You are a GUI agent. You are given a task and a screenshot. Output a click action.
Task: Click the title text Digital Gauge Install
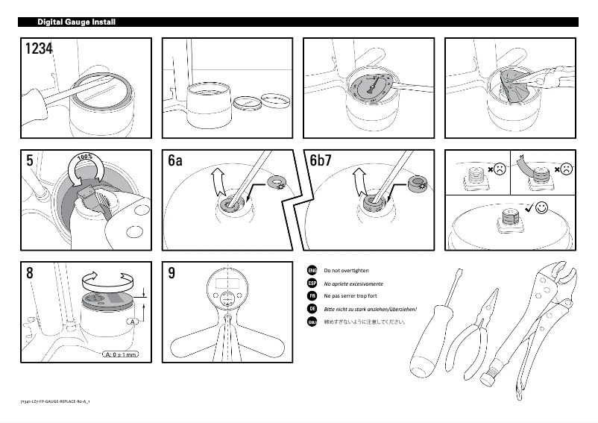click(x=76, y=22)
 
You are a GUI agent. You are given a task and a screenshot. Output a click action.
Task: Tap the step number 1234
click(x=39, y=49)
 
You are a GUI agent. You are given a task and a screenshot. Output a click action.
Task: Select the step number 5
click(x=29, y=160)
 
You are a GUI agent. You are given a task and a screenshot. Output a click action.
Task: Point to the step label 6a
click(x=175, y=160)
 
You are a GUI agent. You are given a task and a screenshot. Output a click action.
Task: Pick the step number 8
click(x=29, y=273)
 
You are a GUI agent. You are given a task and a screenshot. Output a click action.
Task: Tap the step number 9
click(x=171, y=273)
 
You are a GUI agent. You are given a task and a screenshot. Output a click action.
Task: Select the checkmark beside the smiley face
click(x=528, y=208)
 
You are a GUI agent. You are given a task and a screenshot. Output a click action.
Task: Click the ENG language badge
click(x=312, y=270)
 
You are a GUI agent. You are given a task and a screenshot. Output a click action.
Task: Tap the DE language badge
click(x=312, y=309)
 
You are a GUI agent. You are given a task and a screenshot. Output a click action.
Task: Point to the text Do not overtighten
click(x=346, y=270)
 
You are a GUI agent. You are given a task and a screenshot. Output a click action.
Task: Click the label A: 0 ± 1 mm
click(x=120, y=354)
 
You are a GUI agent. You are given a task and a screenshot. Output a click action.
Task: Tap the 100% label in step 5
click(x=85, y=157)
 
